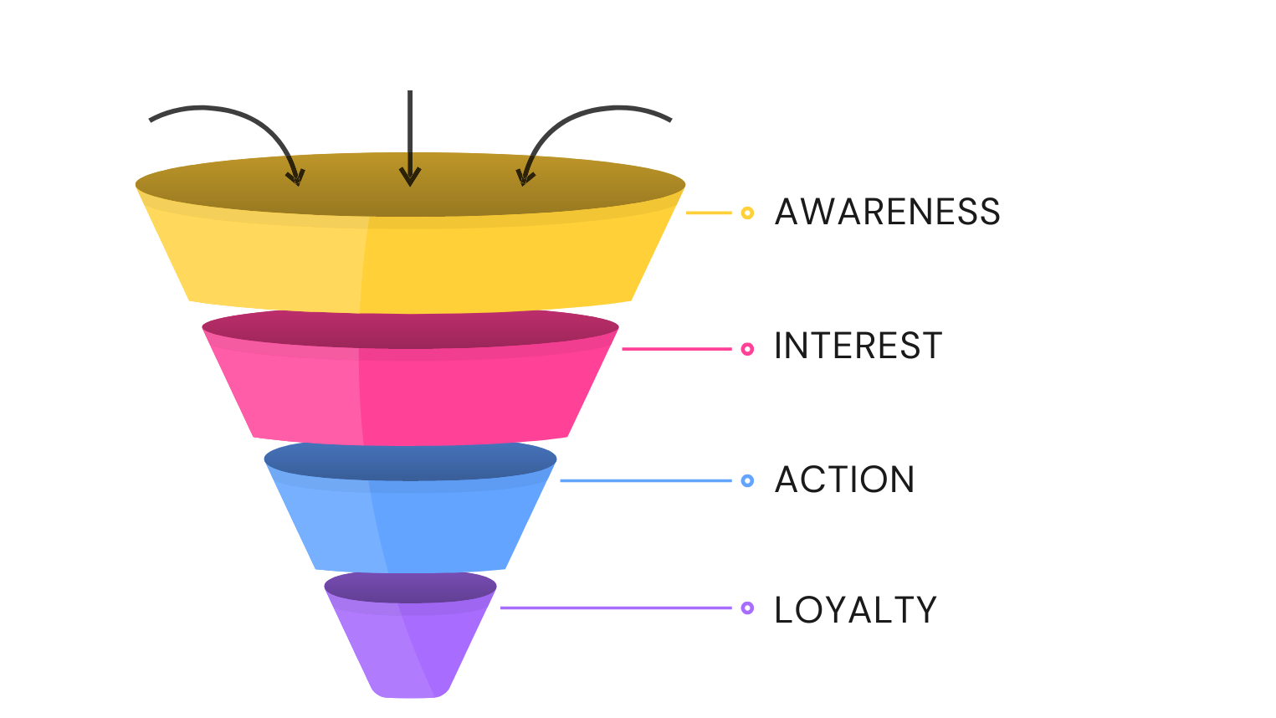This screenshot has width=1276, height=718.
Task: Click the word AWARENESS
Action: click(x=887, y=212)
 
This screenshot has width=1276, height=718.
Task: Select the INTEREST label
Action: click(x=858, y=346)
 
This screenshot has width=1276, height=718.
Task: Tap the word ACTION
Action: click(x=844, y=480)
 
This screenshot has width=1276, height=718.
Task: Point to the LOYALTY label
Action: click(x=855, y=609)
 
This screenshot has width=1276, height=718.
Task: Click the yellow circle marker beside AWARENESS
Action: click(x=747, y=213)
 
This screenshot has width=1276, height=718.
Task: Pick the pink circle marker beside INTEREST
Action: click(x=747, y=349)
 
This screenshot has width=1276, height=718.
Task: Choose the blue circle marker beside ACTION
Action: click(x=747, y=480)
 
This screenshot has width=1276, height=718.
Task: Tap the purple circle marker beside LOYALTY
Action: click(x=747, y=608)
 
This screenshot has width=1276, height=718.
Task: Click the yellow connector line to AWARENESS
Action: click(x=709, y=213)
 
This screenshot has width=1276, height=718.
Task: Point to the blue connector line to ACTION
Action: click(x=644, y=480)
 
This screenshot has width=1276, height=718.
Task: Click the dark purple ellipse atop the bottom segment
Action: click(x=410, y=586)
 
